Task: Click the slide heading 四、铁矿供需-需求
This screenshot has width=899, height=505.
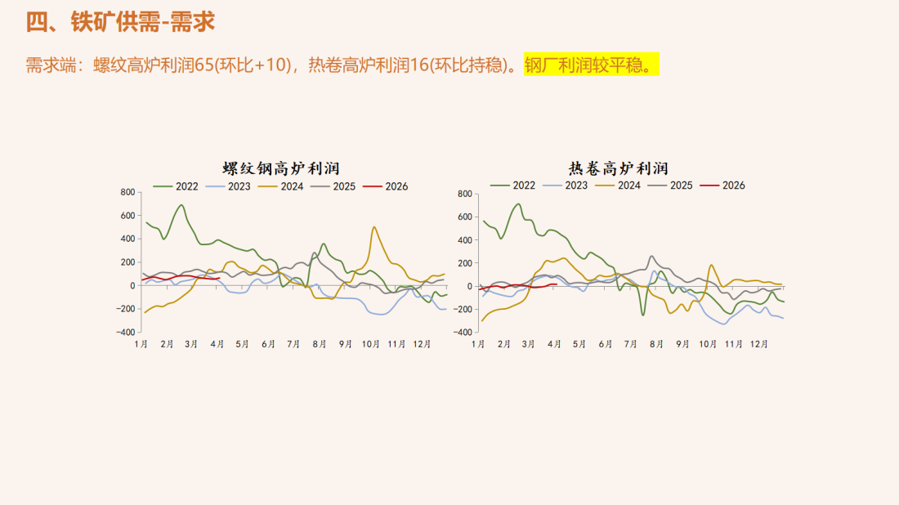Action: pyautogui.click(x=120, y=22)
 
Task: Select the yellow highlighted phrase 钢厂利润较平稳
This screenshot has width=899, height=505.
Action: pyautogui.click(x=591, y=65)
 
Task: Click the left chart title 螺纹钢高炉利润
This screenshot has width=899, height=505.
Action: pyautogui.click(x=281, y=169)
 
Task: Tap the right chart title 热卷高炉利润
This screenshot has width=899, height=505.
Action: pyautogui.click(x=618, y=168)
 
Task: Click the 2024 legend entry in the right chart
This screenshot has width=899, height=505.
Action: pyautogui.click(x=619, y=185)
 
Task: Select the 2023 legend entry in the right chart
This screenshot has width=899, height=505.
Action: pyautogui.click(x=566, y=185)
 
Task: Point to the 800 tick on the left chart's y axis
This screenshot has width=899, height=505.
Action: pyautogui.click(x=127, y=192)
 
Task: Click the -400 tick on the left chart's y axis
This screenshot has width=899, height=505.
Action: pyautogui.click(x=124, y=333)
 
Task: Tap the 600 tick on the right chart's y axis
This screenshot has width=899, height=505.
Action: pyautogui.click(x=464, y=217)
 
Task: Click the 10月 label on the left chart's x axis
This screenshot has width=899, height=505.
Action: pyautogui.click(x=370, y=345)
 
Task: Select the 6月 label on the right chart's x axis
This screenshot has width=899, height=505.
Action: pyautogui.click(x=605, y=345)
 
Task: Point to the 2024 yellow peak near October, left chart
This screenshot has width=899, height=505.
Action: pyautogui.click(x=374, y=227)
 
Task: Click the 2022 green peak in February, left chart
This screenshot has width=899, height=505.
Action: pyautogui.click(x=181, y=205)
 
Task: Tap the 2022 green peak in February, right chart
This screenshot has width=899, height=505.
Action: pyautogui.click(x=517, y=204)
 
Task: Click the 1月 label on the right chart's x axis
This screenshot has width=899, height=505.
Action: pyautogui.click(x=478, y=345)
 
